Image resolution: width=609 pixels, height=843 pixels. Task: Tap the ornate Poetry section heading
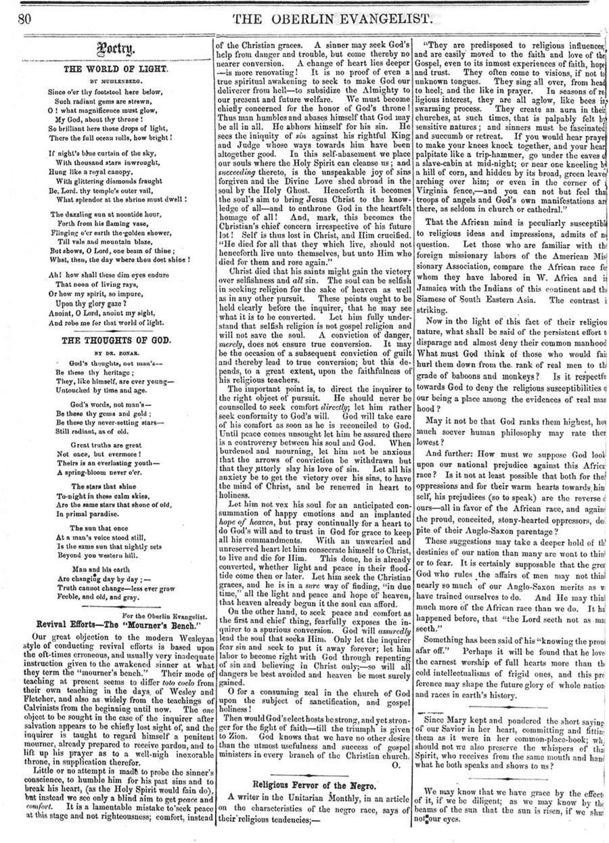point(106,49)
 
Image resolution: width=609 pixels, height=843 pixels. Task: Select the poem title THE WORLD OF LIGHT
point(106,68)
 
